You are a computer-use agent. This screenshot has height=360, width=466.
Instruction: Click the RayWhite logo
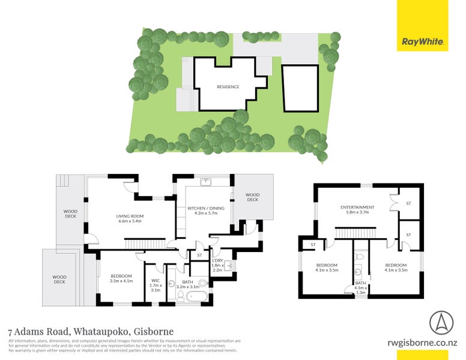pyautogui.click(x=422, y=42)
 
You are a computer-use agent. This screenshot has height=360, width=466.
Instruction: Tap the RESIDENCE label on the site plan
pyautogui.click(x=228, y=87)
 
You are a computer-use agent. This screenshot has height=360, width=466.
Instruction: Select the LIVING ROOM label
pyautogui.click(x=130, y=216)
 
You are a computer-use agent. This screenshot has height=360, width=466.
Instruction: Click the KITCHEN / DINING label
pyautogui.click(x=206, y=208)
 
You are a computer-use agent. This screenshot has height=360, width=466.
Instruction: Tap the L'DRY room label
pyautogui.click(x=217, y=260)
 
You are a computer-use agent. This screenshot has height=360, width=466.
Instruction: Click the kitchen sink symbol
pyautogui.click(x=206, y=180)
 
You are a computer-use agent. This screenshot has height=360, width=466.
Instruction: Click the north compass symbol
pyautogui.click(x=441, y=324)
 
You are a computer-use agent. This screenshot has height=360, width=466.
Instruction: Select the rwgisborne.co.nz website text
pyautogui.click(x=423, y=344)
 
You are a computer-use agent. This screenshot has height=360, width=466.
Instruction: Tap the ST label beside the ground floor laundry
pyautogui.click(x=199, y=256)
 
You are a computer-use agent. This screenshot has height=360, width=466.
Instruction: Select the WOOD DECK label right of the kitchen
pyautogui.click(x=252, y=197)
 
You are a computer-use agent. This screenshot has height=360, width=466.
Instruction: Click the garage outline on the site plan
pyautogui.click(x=300, y=88)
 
